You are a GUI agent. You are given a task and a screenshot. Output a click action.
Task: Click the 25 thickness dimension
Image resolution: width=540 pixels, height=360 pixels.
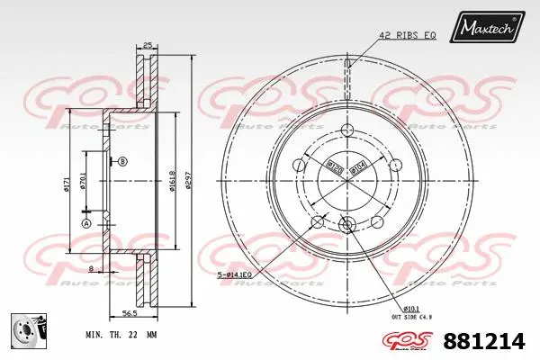pos(147,44)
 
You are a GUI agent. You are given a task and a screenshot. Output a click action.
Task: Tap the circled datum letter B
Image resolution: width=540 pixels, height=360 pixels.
pos(122,161)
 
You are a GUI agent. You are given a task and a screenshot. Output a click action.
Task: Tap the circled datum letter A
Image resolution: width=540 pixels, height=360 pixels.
pos(86,223)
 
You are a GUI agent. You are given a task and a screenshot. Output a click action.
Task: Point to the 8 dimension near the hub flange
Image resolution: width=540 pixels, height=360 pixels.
pos(91,269)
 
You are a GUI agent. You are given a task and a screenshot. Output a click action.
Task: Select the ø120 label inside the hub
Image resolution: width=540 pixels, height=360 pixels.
pos(332,165)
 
